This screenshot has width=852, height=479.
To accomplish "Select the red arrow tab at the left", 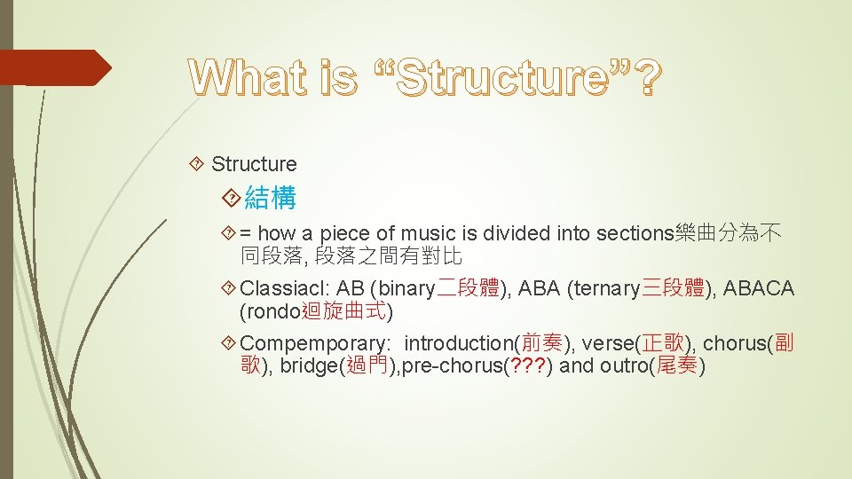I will click(x=53, y=67).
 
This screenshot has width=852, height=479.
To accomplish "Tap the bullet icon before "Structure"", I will click(x=197, y=164).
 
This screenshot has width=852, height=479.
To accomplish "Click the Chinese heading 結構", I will click(x=270, y=198).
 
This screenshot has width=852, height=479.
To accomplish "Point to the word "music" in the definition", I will click(x=427, y=234).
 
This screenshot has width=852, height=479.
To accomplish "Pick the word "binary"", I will click(x=406, y=289).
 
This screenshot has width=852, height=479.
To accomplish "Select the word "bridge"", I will click(x=307, y=366).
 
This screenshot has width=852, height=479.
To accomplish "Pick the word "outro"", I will click(x=623, y=366).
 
